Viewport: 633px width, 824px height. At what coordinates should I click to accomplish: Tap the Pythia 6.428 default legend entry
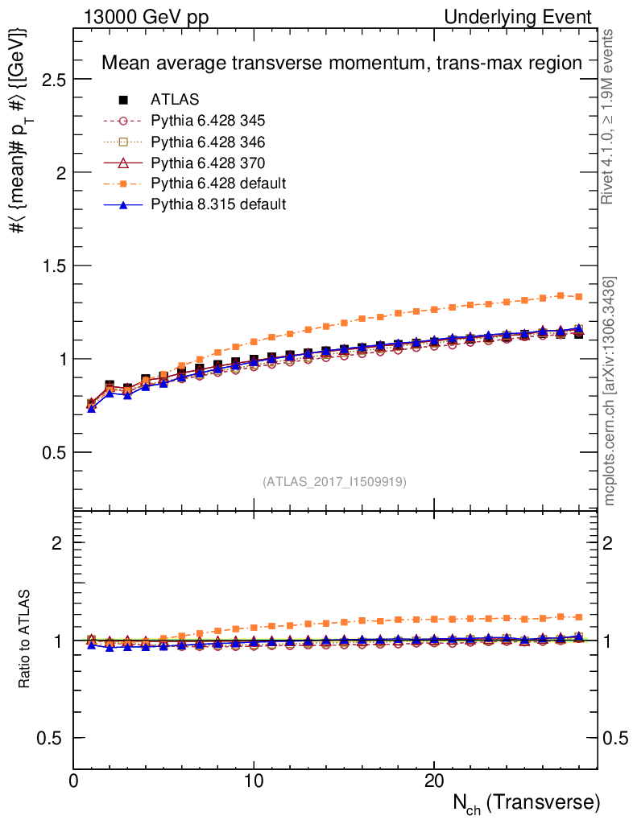(218, 183)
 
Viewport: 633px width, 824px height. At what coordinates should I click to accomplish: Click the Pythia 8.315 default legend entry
(218, 204)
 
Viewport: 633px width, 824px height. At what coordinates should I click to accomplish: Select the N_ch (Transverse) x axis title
(526, 804)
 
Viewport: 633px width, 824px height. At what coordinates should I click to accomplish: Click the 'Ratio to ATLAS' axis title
(26, 641)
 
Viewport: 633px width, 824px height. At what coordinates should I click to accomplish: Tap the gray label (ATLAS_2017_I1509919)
(334, 482)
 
